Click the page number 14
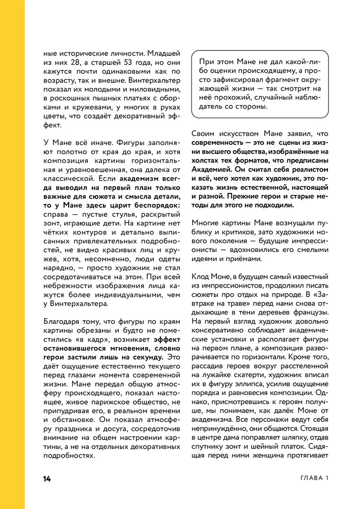(x=47, y=478)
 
